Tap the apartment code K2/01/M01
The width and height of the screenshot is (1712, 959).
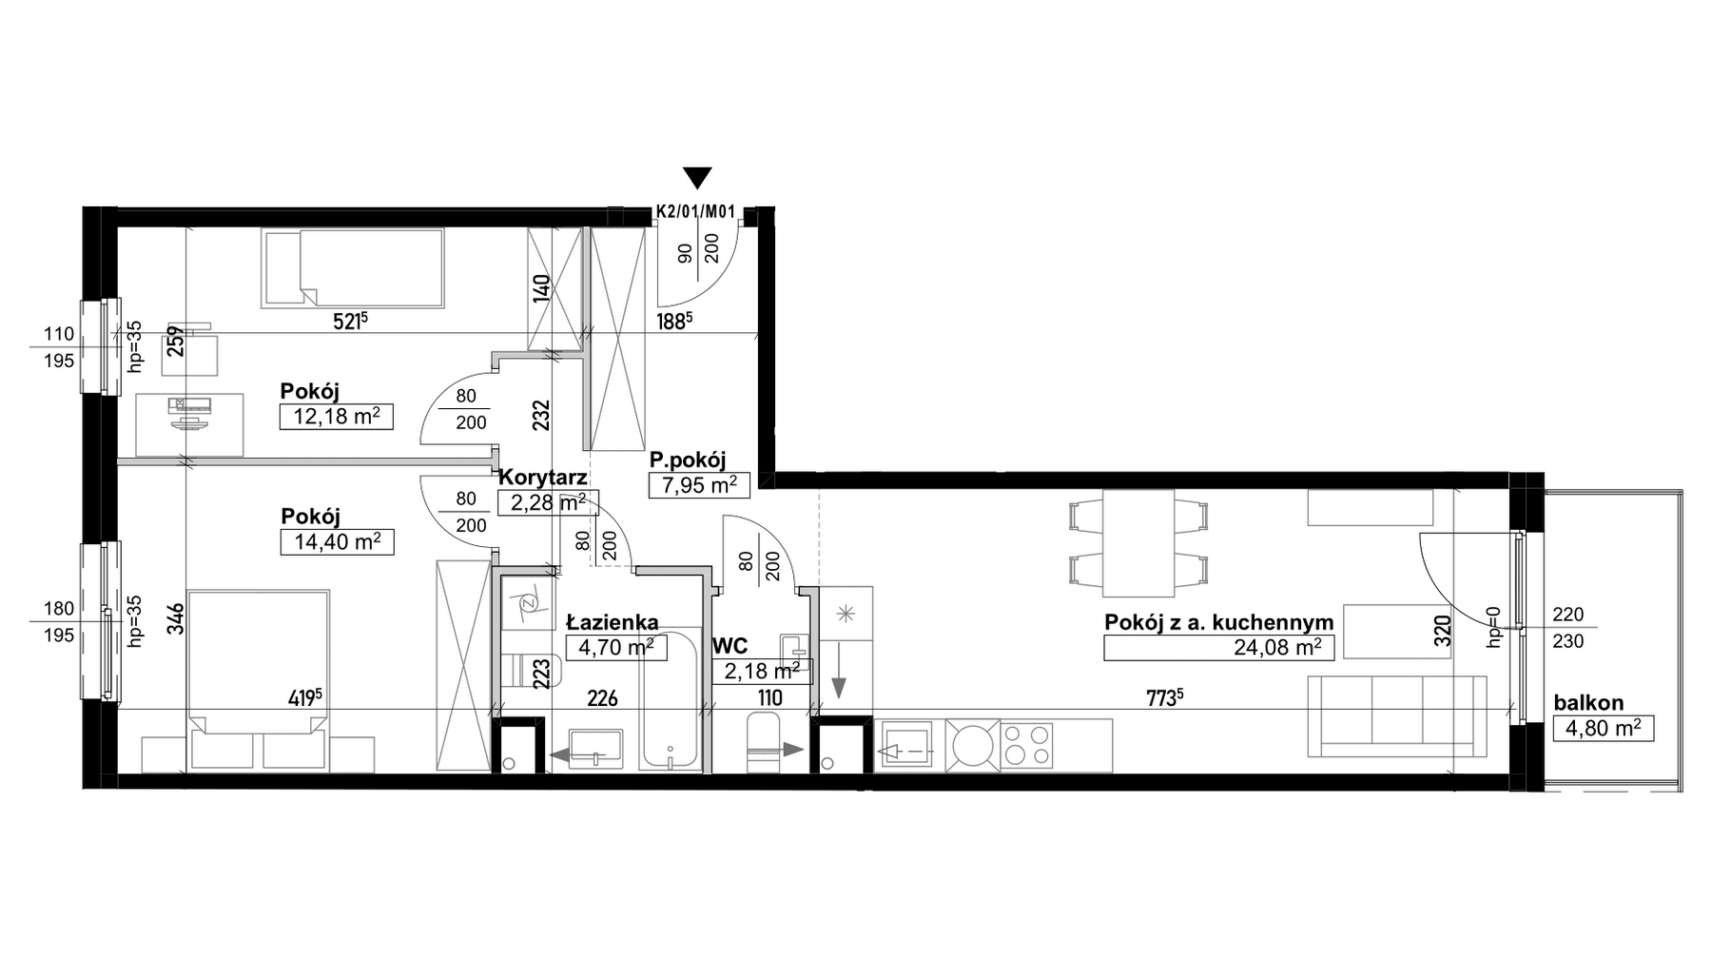tap(696, 212)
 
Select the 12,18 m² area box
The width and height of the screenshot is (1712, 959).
tap(336, 417)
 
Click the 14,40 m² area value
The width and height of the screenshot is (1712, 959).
tap(337, 542)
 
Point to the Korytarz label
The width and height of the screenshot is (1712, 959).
tap(543, 478)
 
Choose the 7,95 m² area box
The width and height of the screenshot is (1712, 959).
tap(699, 485)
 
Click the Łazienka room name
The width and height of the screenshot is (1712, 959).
tap(613, 622)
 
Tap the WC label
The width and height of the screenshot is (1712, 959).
tap(731, 646)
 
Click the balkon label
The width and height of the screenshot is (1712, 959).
tap(1588, 704)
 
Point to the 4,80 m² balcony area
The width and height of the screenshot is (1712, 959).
tap(1603, 729)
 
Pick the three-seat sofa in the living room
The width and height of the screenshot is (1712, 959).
tap(1396, 715)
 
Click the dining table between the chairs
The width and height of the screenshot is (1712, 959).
tap(1138, 541)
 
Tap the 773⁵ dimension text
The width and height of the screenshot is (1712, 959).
tap(1164, 697)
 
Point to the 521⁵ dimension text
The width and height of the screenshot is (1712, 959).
tap(349, 322)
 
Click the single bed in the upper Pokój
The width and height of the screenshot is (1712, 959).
tap(353, 267)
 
